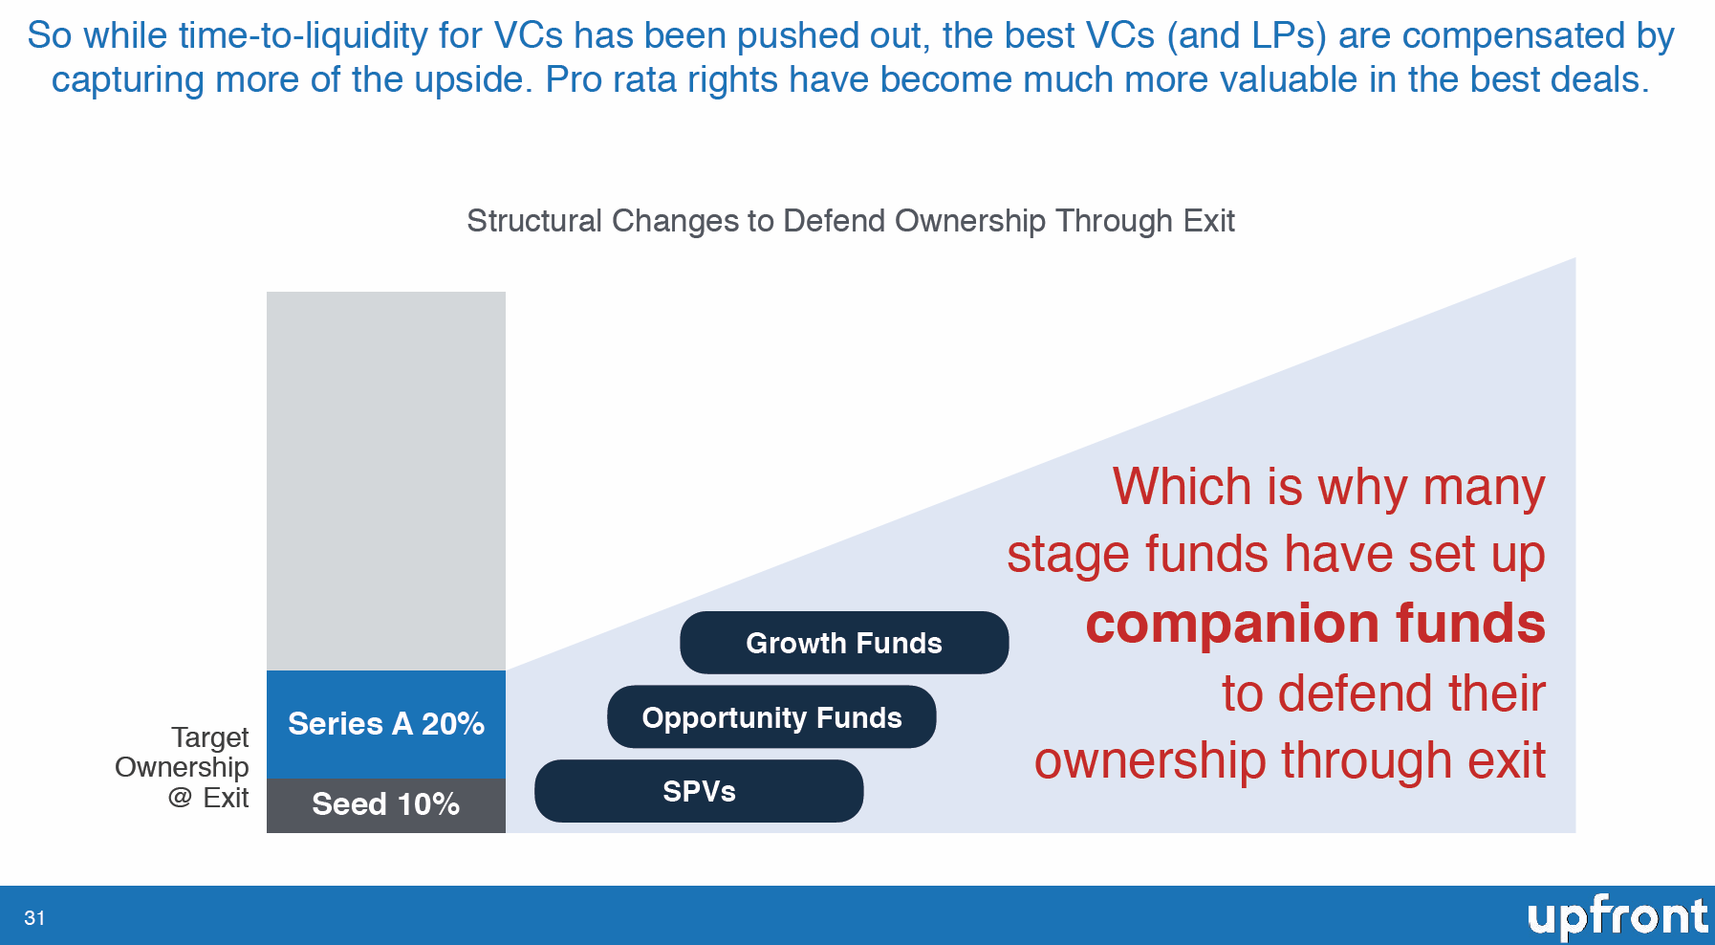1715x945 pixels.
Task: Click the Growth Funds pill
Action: pyautogui.click(x=844, y=643)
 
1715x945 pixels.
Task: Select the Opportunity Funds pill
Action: pyautogui.click(x=771, y=716)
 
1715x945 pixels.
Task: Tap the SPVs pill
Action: pyautogui.click(x=699, y=791)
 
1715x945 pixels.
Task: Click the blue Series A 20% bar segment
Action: pyautogui.click(x=386, y=724)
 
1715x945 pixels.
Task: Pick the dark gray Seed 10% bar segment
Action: pyautogui.click(x=386, y=805)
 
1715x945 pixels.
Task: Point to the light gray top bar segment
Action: pyautogui.click(x=386, y=481)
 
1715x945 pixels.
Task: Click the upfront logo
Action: pyautogui.click(x=1617, y=917)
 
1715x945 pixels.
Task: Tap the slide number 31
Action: pyautogui.click(x=34, y=918)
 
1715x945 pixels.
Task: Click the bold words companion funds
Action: pyautogui.click(x=1315, y=624)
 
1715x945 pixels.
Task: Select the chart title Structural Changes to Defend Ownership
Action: pyautogui.click(x=851, y=221)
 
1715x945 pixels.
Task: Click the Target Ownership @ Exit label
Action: pyautogui.click(x=182, y=767)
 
